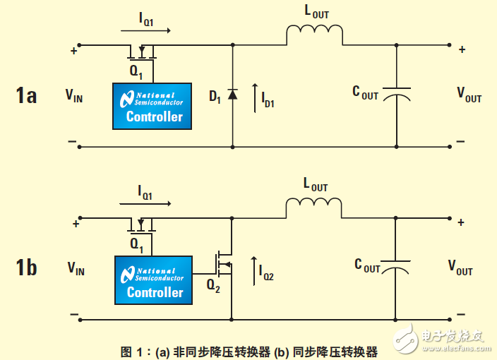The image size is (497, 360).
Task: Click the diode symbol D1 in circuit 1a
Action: coord(234,94)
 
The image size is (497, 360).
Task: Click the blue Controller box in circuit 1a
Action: coord(152,106)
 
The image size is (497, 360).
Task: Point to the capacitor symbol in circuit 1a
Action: coord(396,95)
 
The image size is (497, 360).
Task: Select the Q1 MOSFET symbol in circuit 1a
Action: coord(141,52)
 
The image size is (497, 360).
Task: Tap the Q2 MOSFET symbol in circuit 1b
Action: coord(225,265)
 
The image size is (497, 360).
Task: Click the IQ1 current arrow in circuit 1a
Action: coord(145,31)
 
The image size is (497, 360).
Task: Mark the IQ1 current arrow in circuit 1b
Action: coord(145,203)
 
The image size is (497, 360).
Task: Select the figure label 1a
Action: coord(26,95)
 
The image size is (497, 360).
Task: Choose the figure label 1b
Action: coord(26,268)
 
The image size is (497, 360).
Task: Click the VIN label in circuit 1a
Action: coord(74,95)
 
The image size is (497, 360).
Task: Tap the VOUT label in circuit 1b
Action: coord(460,267)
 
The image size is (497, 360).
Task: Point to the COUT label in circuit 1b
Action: coord(367,266)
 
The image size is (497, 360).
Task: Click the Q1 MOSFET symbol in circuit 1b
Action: coord(141,225)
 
